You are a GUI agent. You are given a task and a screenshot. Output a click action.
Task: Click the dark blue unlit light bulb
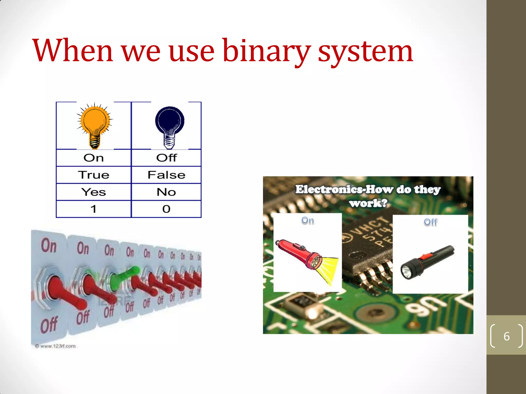pyautogui.click(x=170, y=126)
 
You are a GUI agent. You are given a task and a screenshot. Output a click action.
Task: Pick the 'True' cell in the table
pyautogui.click(x=94, y=175)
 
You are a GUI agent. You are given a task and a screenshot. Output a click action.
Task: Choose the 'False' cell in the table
pyautogui.click(x=166, y=175)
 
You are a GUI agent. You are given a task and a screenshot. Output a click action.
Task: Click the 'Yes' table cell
pyautogui.click(x=94, y=192)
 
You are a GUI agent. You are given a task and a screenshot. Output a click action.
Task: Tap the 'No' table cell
pyautogui.click(x=166, y=192)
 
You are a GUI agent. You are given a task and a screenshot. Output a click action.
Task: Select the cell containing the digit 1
pyautogui.click(x=94, y=209)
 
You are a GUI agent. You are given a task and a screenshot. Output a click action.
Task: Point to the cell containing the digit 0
pyautogui.click(x=166, y=209)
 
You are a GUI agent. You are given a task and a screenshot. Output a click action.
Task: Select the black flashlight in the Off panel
pyautogui.click(x=426, y=262)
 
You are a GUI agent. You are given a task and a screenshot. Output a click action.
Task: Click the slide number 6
pyautogui.click(x=506, y=336)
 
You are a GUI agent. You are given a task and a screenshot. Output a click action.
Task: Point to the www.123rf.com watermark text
pyautogui.click(x=56, y=346)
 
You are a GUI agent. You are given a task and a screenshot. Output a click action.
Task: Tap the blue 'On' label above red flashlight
pyautogui.click(x=307, y=220)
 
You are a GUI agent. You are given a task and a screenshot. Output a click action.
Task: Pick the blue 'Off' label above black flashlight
pyautogui.click(x=430, y=222)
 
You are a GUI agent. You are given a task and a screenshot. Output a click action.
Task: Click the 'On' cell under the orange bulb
pyautogui.click(x=94, y=158)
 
